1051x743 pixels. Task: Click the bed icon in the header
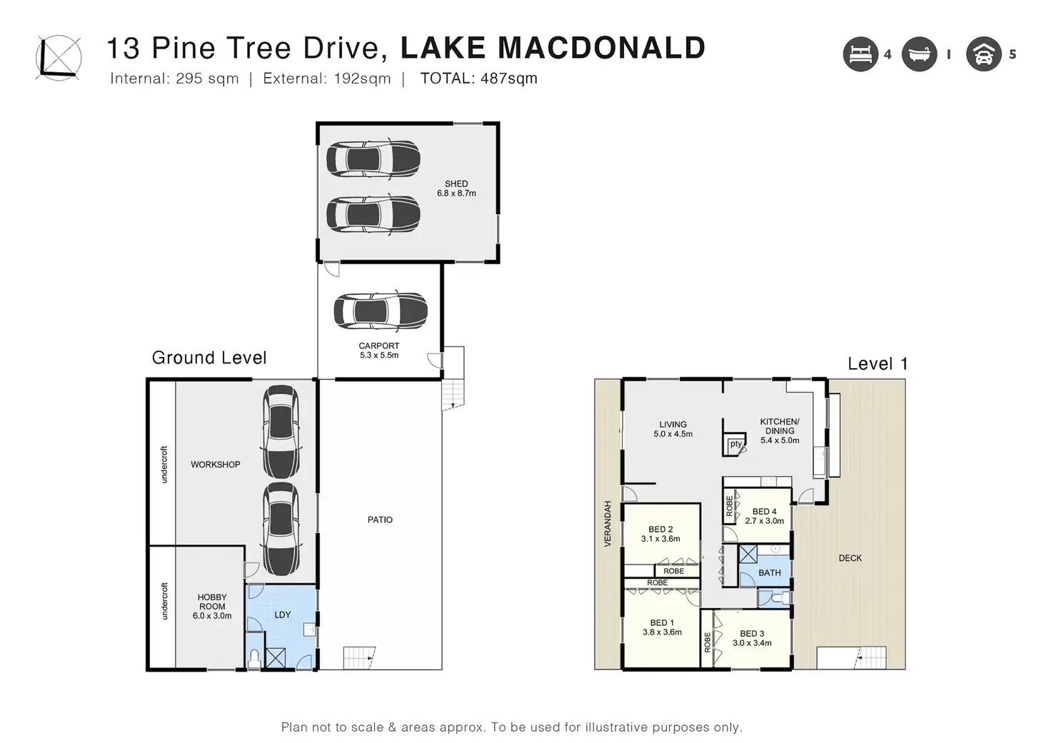tap(860, 54)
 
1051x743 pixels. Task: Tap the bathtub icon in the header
tap(919, 54)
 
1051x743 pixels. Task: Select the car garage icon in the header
tap(984, 54)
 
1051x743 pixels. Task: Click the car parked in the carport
tap(381, 311)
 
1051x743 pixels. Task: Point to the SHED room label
tap(456, 184)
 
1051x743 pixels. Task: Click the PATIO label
tap(380, 520)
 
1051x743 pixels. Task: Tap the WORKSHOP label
tap(216, 465)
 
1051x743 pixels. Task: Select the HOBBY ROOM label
tap(212, 602)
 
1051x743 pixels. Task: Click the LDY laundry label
tap(283, 615)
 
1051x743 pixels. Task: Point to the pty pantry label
tap(735, 444)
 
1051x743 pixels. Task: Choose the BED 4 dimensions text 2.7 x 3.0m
tap(764, 520)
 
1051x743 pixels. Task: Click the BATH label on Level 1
tap(770, 572)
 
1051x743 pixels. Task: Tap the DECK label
tap(850, 558)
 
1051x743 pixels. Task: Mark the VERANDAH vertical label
tap(608, 523)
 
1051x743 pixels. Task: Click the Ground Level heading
tap(209, 358)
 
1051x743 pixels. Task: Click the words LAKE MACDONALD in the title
tap(553, 48)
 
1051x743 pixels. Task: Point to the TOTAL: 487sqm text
tap(478, 79)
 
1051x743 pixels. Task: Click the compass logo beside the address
tap(59, 58)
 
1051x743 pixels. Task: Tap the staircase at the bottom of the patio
tap(359, 657)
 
